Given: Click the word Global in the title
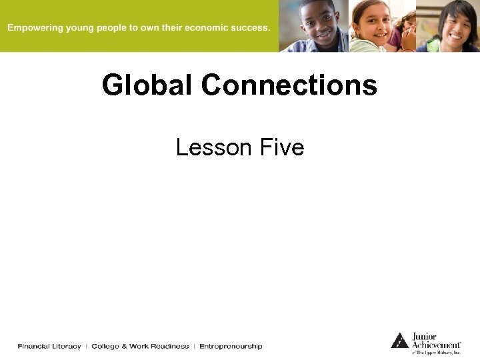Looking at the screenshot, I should point(148,85).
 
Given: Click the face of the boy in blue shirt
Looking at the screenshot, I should point(320,23).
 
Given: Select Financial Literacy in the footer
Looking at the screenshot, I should point(49,346).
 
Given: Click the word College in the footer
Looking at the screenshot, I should point(105,346).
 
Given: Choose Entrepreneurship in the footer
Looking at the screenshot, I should point(231,346).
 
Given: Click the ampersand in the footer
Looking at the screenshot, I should point(125,346).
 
